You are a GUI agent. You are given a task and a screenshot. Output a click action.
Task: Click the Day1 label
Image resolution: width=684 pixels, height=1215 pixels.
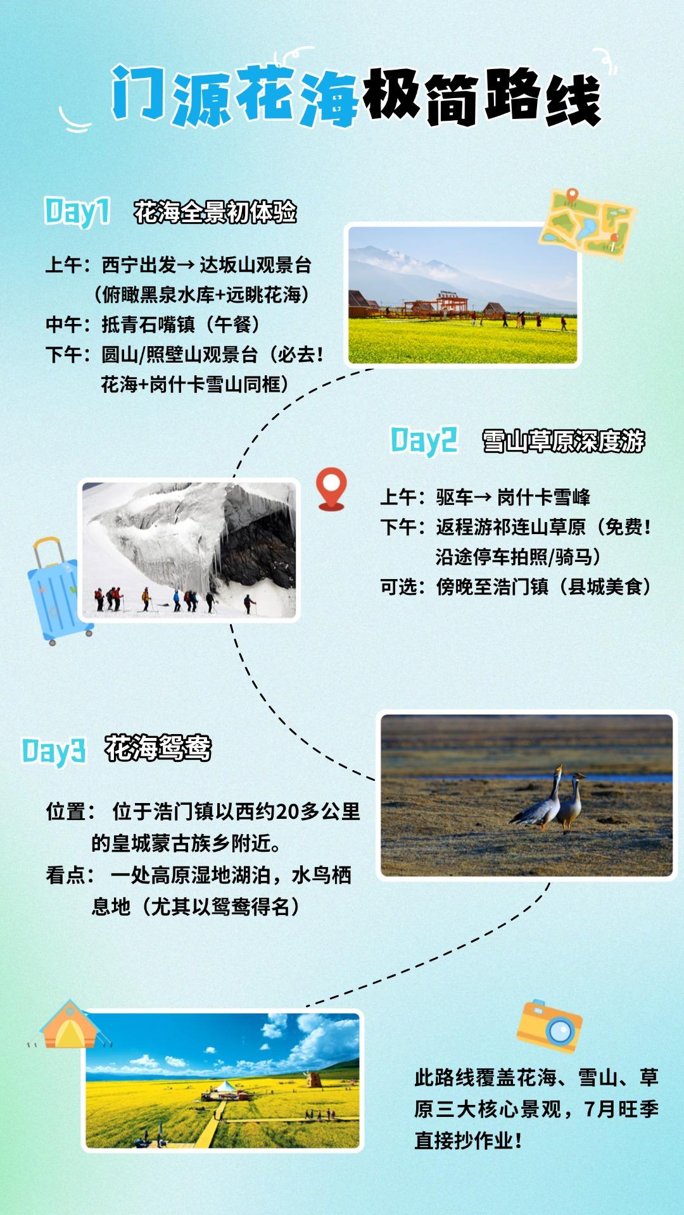(x=77, y=211)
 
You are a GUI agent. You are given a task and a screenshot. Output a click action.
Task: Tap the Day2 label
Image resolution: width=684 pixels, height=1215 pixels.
(x=424, y=440)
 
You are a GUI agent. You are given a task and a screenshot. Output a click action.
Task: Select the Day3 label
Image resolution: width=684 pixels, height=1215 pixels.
(x=54, y=751)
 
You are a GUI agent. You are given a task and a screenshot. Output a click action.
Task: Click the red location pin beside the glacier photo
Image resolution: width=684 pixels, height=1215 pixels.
(x=331, y=489)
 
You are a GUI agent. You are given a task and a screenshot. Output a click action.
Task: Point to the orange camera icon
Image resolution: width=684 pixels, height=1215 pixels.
(x=548, y=1026)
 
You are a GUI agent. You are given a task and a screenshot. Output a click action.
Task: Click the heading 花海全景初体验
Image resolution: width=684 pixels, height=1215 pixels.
(x=215, y=213)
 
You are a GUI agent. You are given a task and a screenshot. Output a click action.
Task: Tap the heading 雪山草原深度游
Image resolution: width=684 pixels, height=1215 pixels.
(x=564, y=441)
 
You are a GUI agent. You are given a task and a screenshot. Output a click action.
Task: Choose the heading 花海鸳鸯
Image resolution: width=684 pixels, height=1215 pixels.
(x=158, y=748)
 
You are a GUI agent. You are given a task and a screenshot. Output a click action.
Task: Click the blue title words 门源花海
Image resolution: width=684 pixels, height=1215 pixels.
(x=235, y=96)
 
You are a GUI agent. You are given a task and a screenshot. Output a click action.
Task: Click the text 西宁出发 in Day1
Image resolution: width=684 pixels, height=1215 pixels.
(x=139, y=265)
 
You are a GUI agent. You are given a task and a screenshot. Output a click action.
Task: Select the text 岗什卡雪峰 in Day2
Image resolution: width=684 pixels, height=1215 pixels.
(x=543, y=497)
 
